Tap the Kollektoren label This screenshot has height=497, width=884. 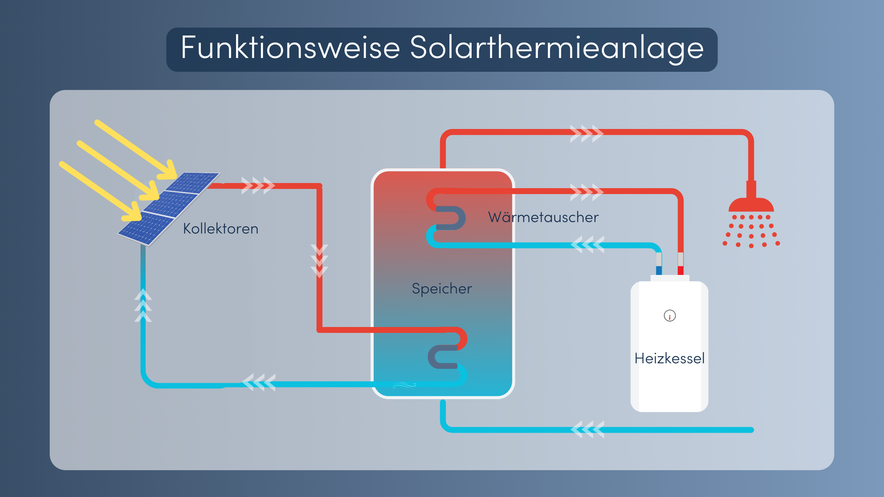click(x=221, y=229)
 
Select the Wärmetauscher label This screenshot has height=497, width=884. click(x=543, y=217)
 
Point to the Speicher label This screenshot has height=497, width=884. click(x=442, y=289)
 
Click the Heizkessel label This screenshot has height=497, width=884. click(x=669, y=358)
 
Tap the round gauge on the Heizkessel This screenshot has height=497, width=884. click(x=670, y=316)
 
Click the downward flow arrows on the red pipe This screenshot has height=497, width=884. click(x=319, y=261)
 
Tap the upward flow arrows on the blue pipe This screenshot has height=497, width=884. click(x=143, y=306)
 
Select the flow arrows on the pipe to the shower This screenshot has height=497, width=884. click(x=586, y=134)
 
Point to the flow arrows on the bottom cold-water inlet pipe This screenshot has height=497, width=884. click(x=587, y=430)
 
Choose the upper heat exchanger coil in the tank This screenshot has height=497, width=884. click(x=446, y=218)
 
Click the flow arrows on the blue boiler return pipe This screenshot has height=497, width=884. click(x=587, y=245)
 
